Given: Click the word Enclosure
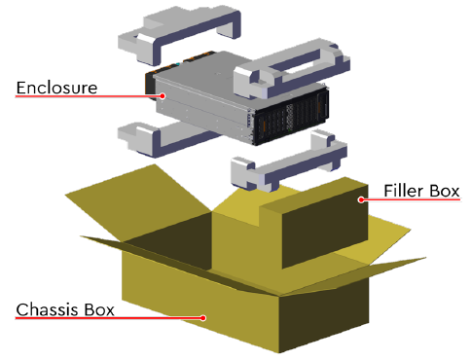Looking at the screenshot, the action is pos(56,88).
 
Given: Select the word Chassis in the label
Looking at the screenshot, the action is pos(48,309).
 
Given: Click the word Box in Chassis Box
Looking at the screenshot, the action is pos(99,309).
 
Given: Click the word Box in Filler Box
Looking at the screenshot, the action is pos(445,191).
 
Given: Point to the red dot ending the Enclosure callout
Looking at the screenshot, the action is pos(163,95).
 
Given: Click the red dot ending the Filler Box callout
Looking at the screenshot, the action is pos(361,199).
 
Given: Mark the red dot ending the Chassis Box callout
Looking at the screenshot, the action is pos(203,318).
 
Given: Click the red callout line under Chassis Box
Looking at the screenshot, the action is pos(109,318).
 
